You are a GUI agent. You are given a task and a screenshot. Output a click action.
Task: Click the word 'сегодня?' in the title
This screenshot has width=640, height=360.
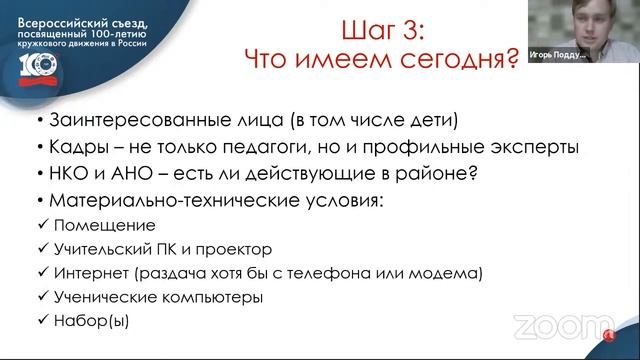(466, 59)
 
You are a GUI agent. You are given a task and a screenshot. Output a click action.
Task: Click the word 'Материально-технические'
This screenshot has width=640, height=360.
(164, 199)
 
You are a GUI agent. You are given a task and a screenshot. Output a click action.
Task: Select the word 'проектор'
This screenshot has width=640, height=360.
(238, 249)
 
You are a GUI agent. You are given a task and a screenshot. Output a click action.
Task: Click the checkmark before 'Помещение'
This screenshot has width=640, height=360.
(39, 225)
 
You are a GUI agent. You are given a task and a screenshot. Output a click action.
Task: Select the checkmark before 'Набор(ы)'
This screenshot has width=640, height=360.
(39, 322)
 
